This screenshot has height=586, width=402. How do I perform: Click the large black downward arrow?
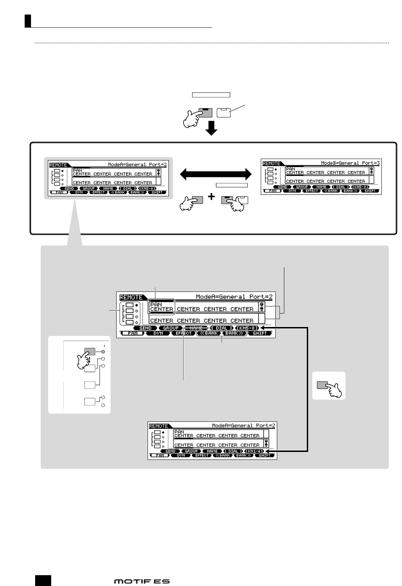(211, 127)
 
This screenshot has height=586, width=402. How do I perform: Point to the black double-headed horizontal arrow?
(216, 174)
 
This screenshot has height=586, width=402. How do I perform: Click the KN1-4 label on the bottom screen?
(254, 451)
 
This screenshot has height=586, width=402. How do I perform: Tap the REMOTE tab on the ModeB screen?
(271, 163)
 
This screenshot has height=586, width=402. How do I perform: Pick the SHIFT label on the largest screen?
(260, 333)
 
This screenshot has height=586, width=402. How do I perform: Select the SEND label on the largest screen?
(145, 328)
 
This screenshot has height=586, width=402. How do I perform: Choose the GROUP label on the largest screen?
(170, 328)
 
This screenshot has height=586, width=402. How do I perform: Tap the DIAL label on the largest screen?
(222, 328)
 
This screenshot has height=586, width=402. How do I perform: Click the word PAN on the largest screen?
(156, 305)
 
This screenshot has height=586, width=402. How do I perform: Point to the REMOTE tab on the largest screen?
(131, 297)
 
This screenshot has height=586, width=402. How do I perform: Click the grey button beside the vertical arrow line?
(322, 385)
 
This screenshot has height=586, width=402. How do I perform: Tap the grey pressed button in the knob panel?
(90, 352)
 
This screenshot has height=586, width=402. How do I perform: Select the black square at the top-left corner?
(28, 21)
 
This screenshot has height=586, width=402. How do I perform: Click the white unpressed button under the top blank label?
(224, 113)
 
